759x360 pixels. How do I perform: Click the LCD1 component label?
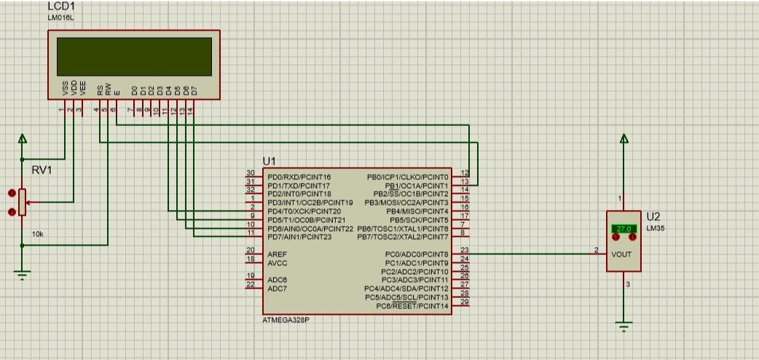[61, 6]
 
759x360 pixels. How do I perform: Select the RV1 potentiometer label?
[42, 171]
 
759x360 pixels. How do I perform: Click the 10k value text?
[37, 235]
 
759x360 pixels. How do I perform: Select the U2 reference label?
[653, 217]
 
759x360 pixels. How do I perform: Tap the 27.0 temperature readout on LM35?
[623, 229]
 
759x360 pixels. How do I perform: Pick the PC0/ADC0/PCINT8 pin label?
[417, 254]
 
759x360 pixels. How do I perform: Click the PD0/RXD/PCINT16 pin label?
[299, 177]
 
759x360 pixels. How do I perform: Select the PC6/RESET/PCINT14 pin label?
[412, 306]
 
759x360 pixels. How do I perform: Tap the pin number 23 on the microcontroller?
[464, 250]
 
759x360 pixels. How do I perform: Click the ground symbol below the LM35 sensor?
[624, 325]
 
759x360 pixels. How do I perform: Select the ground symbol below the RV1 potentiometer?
[23, 275]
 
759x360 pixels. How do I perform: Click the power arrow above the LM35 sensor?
[624, 139]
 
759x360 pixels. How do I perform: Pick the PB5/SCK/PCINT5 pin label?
[419, 219]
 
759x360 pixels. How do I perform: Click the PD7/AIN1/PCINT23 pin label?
[299, 236]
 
